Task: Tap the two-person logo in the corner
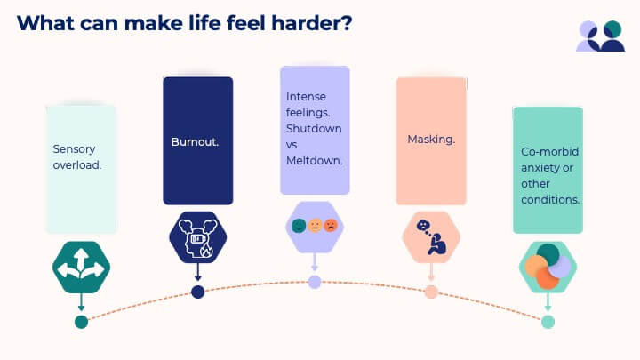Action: tap(600, 36)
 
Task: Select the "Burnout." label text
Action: tap(195, 141)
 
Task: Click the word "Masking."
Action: tap(431, 140)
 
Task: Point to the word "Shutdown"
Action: tap(314, 129)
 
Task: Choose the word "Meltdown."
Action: tap(315, 161)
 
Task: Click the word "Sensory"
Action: tap(74, 149)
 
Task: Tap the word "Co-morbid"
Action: tap(550, 151)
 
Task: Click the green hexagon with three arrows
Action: tap(81, 267)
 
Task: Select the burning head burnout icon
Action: tap(198, 237)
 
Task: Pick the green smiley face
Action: tap(299, 226)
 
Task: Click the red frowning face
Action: tap(331, 226)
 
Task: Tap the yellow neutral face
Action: tap(315, 226)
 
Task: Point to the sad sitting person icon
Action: tap(431, 237)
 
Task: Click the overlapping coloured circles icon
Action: tap(548, 267)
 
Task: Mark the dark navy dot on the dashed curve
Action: tap(198, 292)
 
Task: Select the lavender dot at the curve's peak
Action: tap(315, 282)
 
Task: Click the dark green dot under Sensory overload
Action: tap(81, 322)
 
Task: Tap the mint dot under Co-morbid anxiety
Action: tap(548, 322)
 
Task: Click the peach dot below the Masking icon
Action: tap(431, 292)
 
